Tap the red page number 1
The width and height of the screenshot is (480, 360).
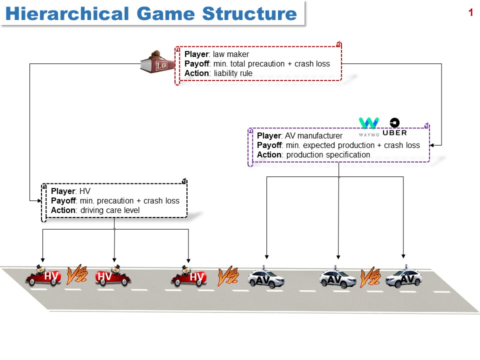point(470,13)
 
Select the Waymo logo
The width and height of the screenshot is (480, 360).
point(368,126)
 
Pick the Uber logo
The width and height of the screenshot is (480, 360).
point(394,127)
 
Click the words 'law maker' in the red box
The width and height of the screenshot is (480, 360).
point(231,54)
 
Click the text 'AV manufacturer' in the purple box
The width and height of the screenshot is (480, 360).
point(313,135)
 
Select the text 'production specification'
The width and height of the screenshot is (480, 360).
point(328,155)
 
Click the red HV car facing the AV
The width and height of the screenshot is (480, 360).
point(188,276)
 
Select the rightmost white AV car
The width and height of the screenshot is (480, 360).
point(404,277)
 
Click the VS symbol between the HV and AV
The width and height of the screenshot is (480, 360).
point(228,275)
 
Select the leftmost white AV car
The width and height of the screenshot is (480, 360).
point(266,277)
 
